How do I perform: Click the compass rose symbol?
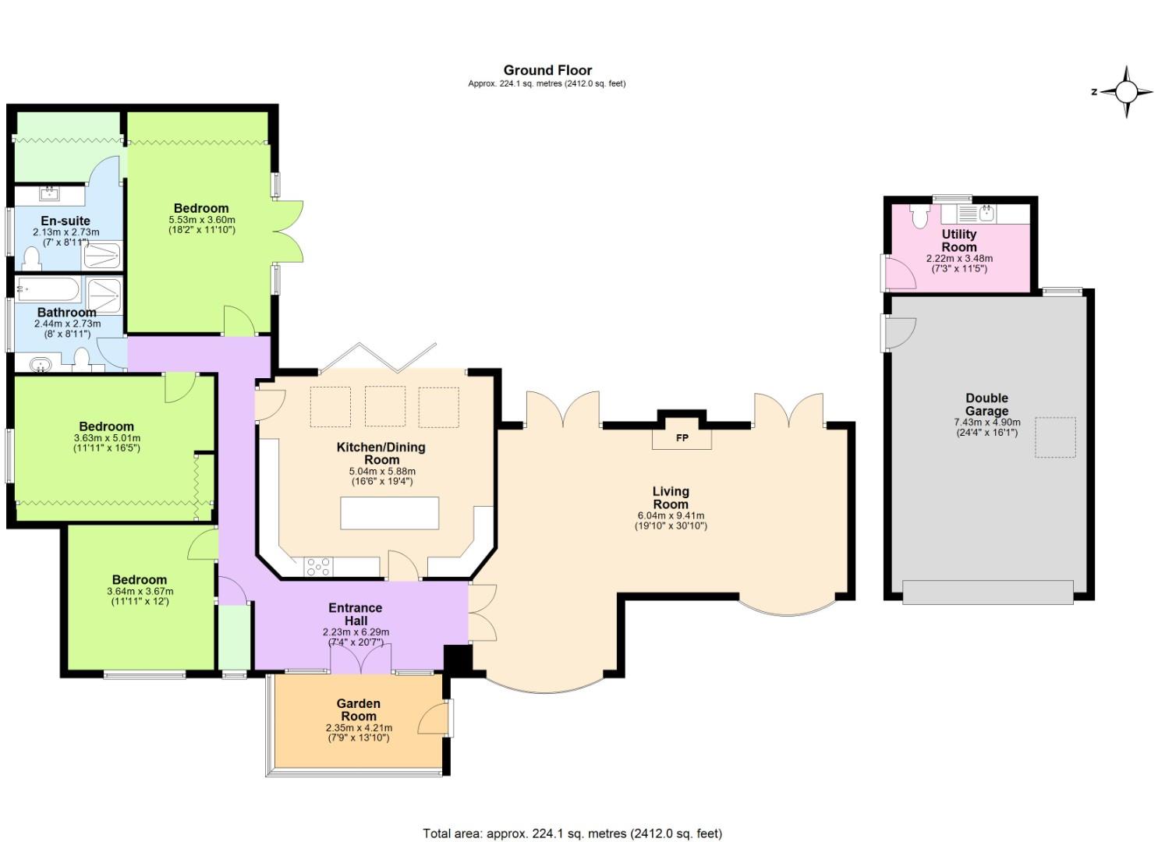pos(1127,92)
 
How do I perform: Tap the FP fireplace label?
pos(682,438)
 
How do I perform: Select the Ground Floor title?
pos(547,70)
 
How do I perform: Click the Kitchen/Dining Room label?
pos(381,453)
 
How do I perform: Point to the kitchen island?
pos(389,513)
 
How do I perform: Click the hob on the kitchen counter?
pos(318,566)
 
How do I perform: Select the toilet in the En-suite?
pos(33,256)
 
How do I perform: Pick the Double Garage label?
pos(986,404)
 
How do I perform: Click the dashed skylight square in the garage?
pos(1054,437)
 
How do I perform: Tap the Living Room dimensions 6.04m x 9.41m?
pos(671,515)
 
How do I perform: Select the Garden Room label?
pos(358,709)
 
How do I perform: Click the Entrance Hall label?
pos(356,614)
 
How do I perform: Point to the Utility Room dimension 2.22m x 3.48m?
pos(959,258)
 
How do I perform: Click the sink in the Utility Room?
pos(986,213)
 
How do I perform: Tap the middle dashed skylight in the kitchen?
pos(384,406)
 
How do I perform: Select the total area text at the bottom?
pos(572,833)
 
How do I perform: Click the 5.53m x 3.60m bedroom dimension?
pos(201,220)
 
